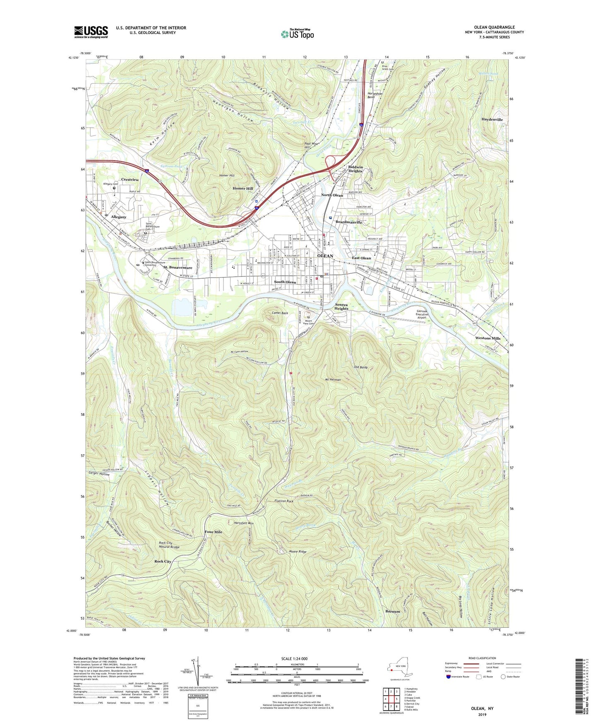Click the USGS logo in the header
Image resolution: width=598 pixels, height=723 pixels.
coord(91,32)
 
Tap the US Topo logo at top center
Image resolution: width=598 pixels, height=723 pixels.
coord(297,34)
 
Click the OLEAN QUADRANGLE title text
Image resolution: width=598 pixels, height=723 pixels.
coord(495,27)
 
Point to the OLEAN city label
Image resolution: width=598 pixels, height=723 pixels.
coord(325,256)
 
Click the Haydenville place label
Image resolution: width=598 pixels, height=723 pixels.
coord(492,119)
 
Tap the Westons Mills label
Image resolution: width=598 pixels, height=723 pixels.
coord(488,338)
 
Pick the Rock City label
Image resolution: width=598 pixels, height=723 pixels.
coord(163,562)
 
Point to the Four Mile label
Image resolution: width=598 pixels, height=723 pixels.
coord(213,532)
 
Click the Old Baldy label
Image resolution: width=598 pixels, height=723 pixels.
coord(361,367)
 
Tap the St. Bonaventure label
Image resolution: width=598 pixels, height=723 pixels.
coord(178,268)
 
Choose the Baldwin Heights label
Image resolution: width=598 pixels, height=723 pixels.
coord(355,169)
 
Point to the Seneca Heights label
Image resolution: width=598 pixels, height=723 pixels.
coord(341,306)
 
